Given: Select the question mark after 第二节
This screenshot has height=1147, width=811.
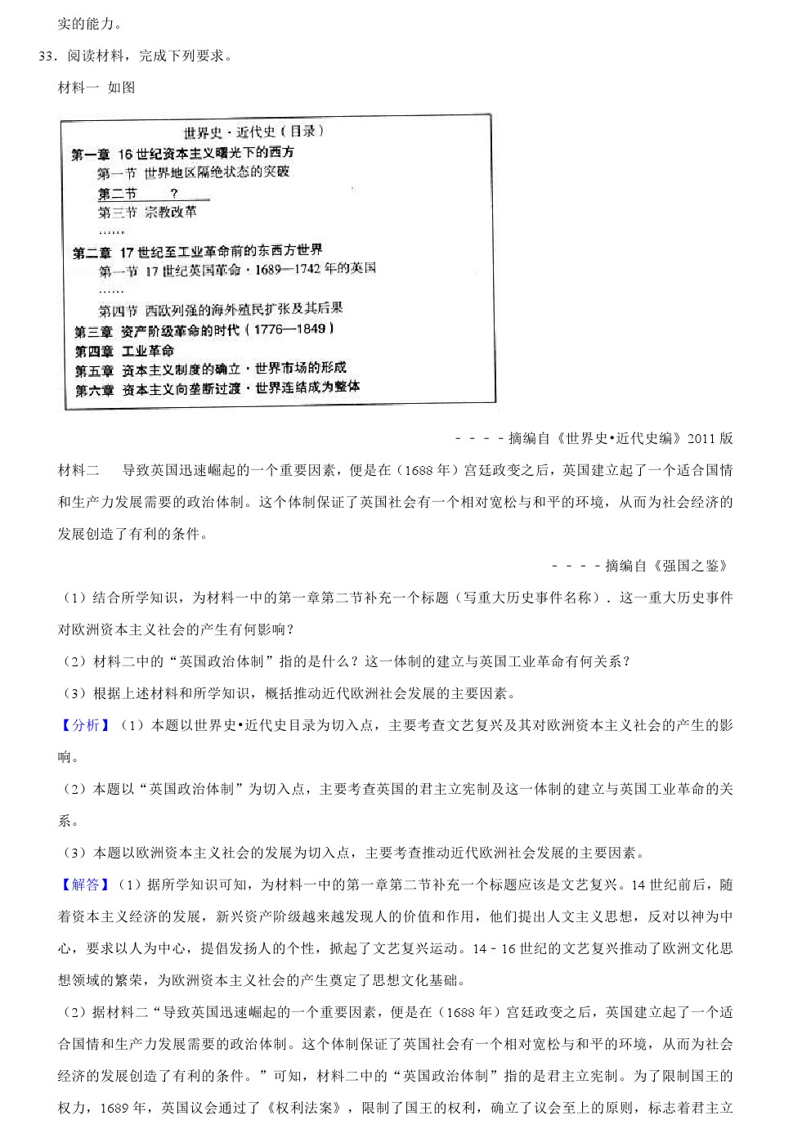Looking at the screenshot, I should pos(173,194).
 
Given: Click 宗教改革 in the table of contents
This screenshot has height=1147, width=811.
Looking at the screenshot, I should pos(171,213).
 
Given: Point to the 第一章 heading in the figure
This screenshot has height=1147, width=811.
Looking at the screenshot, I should pos(90,154).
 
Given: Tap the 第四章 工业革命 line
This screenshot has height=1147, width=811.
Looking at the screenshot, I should pos(124,351).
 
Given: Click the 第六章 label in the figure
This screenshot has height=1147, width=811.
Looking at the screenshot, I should pos(94,390).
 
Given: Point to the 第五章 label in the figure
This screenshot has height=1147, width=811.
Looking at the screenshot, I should pos(94,370).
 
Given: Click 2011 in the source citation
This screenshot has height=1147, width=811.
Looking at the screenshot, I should pos(702,438).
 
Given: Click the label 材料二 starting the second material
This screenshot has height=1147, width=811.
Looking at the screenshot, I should pos(78,470).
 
